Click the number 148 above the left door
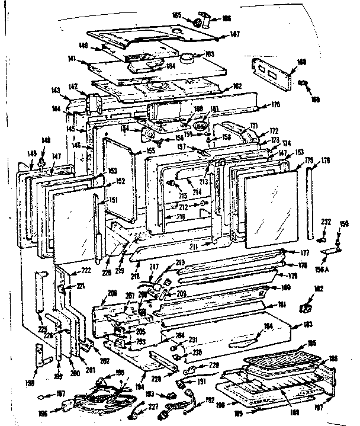tap(45, 140)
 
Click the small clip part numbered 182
tap(306, 308)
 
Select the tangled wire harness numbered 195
tap(104, 391)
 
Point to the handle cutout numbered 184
tap(244, 339)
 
